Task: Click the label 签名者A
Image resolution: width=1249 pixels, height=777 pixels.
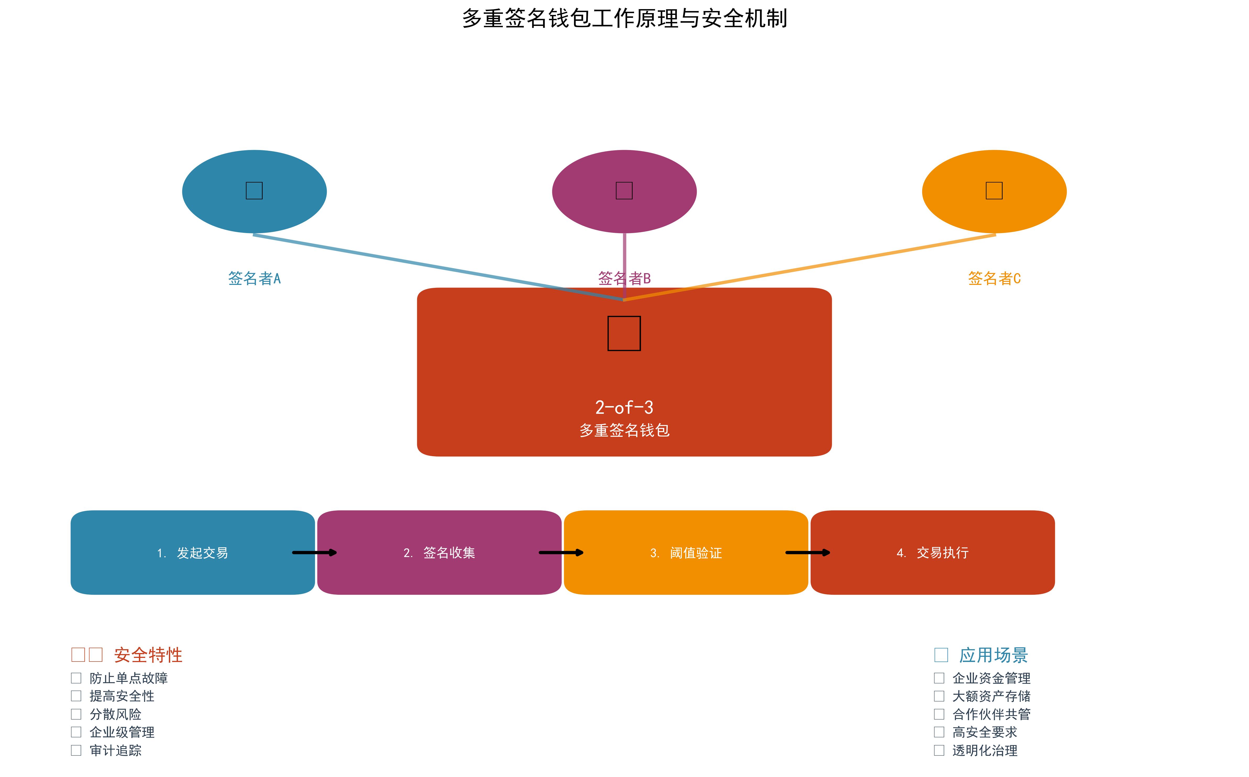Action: [254, 279]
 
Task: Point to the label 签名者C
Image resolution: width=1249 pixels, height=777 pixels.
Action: [994, 279]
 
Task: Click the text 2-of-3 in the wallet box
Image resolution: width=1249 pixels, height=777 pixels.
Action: [624, 407]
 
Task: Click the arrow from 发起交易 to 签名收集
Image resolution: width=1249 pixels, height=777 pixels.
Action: [314, 553]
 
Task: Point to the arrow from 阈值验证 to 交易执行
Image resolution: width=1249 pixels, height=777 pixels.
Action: [808, 553]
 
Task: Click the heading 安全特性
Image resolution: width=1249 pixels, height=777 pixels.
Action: [148, 655]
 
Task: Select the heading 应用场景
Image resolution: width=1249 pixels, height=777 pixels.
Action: [993, 655]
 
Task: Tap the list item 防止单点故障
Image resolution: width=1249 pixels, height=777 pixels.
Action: [129, 678]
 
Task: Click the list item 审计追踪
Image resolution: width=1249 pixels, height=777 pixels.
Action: [115, 751]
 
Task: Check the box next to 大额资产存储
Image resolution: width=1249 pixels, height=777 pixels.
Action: [939, 696]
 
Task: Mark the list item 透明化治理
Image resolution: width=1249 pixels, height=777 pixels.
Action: [984, 751]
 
